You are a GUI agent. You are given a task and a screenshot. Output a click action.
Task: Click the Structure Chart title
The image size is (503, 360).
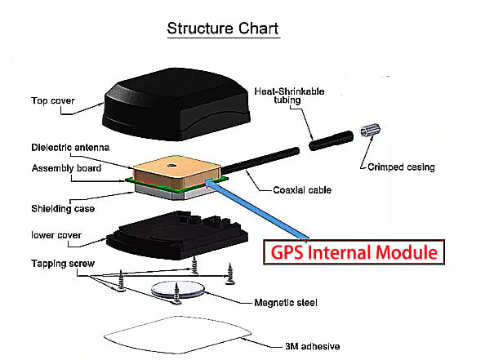click(223, 29)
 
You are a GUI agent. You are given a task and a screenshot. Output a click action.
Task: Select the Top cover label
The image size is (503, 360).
click(52, 100)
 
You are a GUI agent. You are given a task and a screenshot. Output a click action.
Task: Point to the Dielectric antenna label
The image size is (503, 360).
click(70, 148)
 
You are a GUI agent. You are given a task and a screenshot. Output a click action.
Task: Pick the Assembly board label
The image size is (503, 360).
click(66, 168)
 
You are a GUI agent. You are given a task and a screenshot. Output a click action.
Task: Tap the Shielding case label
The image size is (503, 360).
click(63, 209)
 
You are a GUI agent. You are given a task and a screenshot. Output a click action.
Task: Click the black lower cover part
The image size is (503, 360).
click(177, 235)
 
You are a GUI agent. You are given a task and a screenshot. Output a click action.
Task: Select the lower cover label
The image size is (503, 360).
click(56, 235)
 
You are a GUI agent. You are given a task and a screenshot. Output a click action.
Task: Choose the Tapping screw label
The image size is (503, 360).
click(63, 264)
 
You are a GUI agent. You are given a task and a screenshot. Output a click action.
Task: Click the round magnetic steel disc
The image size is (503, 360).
click(177, 289)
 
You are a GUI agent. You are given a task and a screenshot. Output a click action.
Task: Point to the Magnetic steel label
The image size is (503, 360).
click(286, 303)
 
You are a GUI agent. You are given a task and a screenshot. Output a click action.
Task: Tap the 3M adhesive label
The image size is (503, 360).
click(313, 346)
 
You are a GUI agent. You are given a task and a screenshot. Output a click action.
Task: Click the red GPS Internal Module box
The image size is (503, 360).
click(354, 252)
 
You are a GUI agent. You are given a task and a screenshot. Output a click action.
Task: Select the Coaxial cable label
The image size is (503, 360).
click(302, 190)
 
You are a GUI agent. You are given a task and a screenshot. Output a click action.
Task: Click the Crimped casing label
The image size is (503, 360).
click(401, 167)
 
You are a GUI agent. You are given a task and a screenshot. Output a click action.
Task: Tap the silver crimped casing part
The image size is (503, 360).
click(370, 130)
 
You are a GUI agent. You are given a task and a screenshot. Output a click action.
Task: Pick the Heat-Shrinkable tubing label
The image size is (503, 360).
click(289, 96)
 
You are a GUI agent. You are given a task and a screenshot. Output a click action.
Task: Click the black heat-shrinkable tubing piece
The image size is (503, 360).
click(331, 140)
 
